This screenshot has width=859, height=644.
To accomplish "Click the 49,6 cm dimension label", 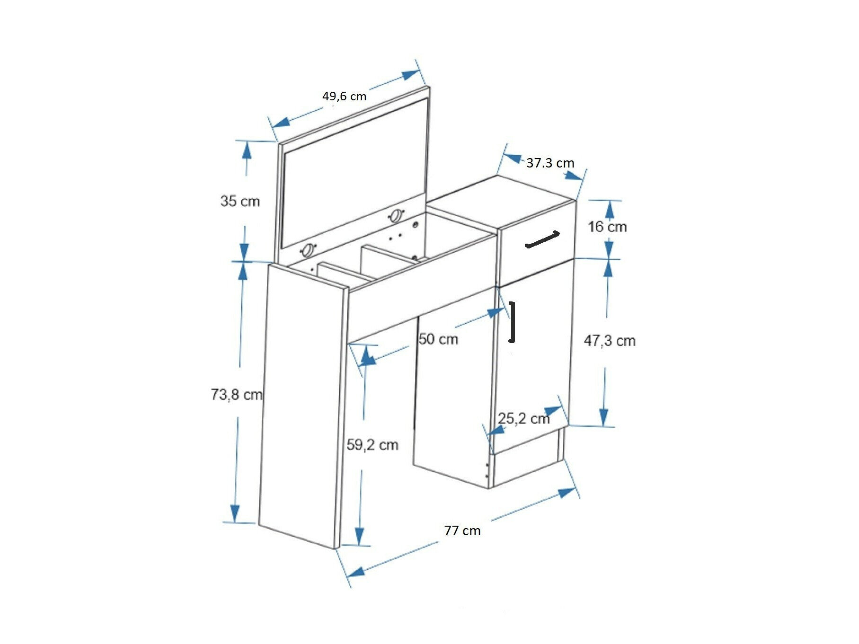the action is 344,96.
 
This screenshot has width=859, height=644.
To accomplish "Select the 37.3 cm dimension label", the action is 550,163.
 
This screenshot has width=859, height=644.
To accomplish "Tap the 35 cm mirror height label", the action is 240,201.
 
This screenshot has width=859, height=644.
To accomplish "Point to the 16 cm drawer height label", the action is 607,227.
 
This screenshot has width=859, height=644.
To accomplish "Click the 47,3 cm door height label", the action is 610,341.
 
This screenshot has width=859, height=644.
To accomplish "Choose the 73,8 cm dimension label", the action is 237,394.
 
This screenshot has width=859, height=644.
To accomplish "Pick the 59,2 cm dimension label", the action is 372,445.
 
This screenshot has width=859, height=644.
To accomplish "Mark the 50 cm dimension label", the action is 438,339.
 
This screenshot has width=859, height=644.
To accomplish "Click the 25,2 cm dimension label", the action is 524,418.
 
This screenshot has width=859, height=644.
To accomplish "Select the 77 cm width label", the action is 462,531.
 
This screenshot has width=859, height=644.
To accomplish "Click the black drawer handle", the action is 542,239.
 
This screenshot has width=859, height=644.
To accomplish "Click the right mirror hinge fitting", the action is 395,216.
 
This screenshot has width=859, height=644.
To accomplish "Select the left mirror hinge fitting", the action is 309,249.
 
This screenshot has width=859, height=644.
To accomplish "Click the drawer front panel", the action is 537,243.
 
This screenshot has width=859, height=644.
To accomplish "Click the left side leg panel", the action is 301,407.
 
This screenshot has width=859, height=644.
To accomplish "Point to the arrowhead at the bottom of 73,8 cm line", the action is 235,514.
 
